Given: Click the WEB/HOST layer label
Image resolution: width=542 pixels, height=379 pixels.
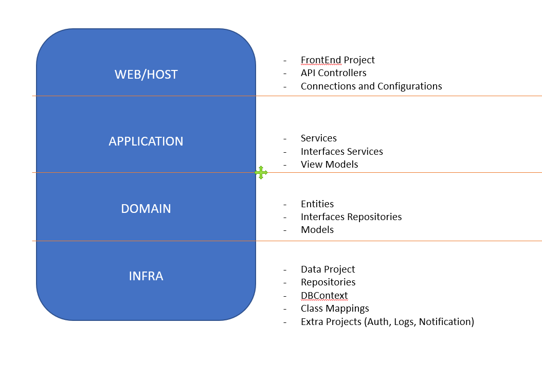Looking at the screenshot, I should pyautogui.click(x=146, y=75).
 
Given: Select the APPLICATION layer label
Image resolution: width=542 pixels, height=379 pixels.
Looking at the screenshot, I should pyautogui.click(x=146, y=141).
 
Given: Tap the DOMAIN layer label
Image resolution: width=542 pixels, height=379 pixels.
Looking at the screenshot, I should pyautogui.click(x=146, y=209).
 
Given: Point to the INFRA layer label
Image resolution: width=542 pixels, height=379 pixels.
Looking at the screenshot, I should pyautogui.click(x=146, y=276).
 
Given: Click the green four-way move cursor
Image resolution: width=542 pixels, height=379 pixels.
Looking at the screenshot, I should pyautogui.click(x=261, y=173).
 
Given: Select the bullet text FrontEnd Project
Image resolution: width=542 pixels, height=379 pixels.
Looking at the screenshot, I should pyautogui.click(x=337, y=60).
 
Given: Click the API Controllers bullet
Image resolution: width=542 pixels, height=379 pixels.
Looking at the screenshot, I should pyautogui.click(x=333, y=73).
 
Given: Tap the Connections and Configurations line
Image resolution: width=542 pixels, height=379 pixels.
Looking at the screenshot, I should pyautogui.click(x=371, y=86).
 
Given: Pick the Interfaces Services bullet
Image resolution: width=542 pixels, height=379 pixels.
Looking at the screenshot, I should pyautogui.click(x=341, y=152).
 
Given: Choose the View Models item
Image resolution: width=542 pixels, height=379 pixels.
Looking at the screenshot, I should pyautogui.click(x=329, y=165).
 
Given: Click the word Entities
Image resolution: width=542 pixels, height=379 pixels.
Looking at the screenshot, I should pyautogui.click(x=317, y=204).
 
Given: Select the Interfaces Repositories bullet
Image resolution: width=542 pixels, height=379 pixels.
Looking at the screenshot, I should pyautogui.click(x=351, y=217).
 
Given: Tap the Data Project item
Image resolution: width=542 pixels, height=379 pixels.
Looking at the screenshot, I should pyautogui.click(x=328, y=269).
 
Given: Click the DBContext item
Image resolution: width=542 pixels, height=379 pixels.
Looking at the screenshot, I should pyautogui.click(x=324, y=296).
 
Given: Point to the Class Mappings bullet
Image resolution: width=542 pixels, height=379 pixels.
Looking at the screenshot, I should pyautogui.click(x=335, y=309).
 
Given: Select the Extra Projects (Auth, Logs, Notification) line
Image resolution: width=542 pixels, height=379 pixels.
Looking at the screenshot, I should pyautogui.click(x=387, y=322).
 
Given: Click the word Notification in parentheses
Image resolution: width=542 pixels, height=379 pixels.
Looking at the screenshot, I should pyautogui.click(x=445, y=322).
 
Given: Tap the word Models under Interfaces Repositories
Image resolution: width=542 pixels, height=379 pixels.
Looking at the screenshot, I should pyautogui.click(x=317, y=230).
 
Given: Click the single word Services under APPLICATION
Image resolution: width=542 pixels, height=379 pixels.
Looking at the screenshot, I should pyautogui.click(x=318, y=138).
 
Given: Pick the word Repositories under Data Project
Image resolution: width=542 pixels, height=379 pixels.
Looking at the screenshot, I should pyautogui.click(x=328, y=282).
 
